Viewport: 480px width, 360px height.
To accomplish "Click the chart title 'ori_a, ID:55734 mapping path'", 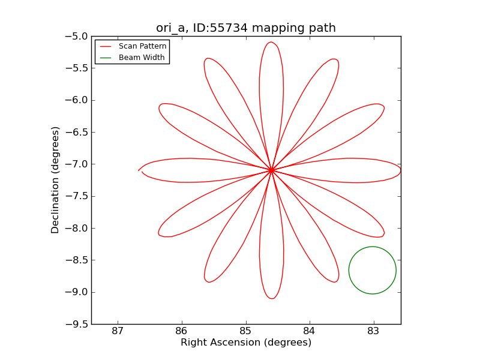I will [x=246, y=28].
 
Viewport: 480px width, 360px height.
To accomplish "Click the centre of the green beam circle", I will [x=373, y=270].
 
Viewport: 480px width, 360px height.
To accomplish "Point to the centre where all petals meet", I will [x=271, y=170].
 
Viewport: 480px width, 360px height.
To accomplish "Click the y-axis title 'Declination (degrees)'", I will [x=55, y=180].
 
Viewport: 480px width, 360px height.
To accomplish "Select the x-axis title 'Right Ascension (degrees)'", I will [x=246, y=343].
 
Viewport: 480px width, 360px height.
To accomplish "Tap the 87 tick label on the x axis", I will [x=118, y=331].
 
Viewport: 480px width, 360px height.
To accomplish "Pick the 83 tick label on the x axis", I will [x=374, y=331].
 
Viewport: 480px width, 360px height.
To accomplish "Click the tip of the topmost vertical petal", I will [x=271, y=42].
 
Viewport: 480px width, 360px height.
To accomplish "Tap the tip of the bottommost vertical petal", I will [x=272, y=298].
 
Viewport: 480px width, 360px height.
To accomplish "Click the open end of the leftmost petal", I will [x=139, y=170].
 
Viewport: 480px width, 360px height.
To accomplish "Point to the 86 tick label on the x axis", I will [x=181, y=331].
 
